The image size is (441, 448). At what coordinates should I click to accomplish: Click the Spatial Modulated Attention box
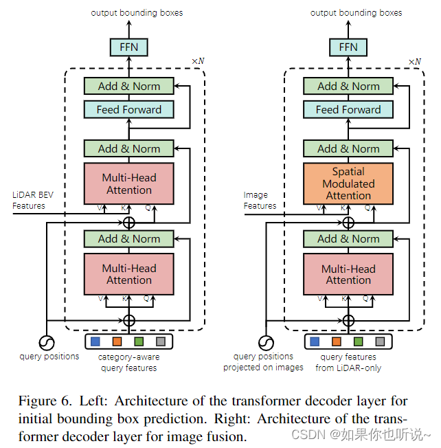point(348,183)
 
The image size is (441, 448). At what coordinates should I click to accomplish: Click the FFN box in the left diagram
point(128,47)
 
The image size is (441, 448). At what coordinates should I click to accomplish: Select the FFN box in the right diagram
point(348,47)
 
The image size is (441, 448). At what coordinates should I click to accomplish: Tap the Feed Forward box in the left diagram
point(128,109)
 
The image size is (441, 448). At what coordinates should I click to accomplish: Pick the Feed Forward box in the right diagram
point(348,109)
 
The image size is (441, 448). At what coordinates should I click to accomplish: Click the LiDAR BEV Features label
point(33,200)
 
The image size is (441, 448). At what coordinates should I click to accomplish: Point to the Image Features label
point(260,200)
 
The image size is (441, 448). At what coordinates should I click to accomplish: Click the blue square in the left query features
point(96,341)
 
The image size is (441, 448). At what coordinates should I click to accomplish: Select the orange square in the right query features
point(337,341)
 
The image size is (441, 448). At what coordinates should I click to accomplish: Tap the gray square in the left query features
point(160,341)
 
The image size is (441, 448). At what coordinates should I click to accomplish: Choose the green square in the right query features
point(358,341)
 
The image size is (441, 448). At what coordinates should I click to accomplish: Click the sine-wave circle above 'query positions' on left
point(47,341)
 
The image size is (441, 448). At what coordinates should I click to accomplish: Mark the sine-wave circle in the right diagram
point(266,341)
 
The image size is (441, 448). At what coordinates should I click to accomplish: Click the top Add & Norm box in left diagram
point(128,87)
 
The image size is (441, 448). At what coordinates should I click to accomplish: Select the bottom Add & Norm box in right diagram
point(348,239)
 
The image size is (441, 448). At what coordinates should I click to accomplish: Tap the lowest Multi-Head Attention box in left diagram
point(128,274)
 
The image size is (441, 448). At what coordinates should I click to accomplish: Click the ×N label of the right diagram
point(415,61)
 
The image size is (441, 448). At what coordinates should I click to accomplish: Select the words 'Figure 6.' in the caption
point(38,401)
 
